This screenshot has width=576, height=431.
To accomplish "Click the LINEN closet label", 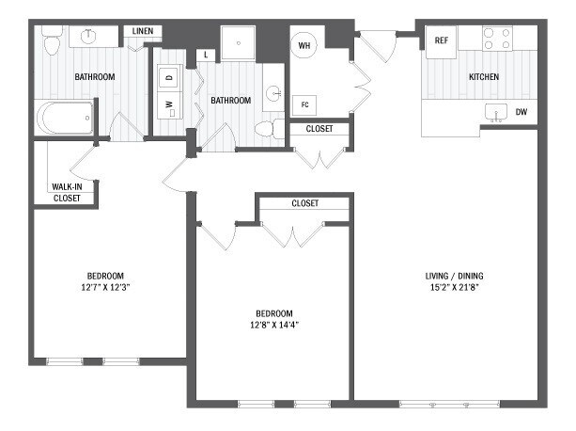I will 143,31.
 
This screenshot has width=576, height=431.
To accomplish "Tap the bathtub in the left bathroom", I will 66,119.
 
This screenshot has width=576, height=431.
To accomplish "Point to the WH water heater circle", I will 304,45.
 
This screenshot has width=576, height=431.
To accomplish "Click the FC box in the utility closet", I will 304,104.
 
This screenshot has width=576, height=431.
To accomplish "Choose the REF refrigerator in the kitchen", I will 440,40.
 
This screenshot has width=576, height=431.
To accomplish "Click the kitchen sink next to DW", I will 495,112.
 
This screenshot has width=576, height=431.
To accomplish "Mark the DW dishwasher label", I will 522,113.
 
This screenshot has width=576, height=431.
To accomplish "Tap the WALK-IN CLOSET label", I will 66,193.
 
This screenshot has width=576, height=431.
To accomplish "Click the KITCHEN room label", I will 484,76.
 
